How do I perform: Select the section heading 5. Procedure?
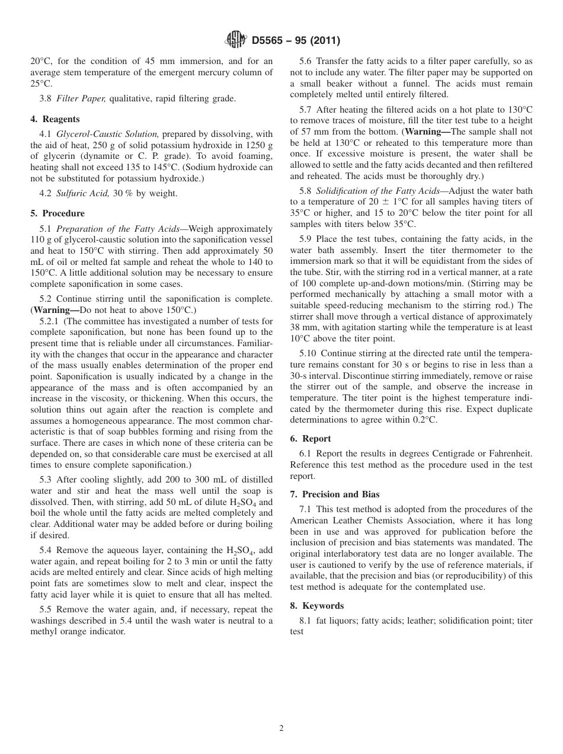tap(57, 213)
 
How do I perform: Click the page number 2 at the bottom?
tap(281, 729)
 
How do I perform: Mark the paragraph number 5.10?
tap(311, 353)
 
